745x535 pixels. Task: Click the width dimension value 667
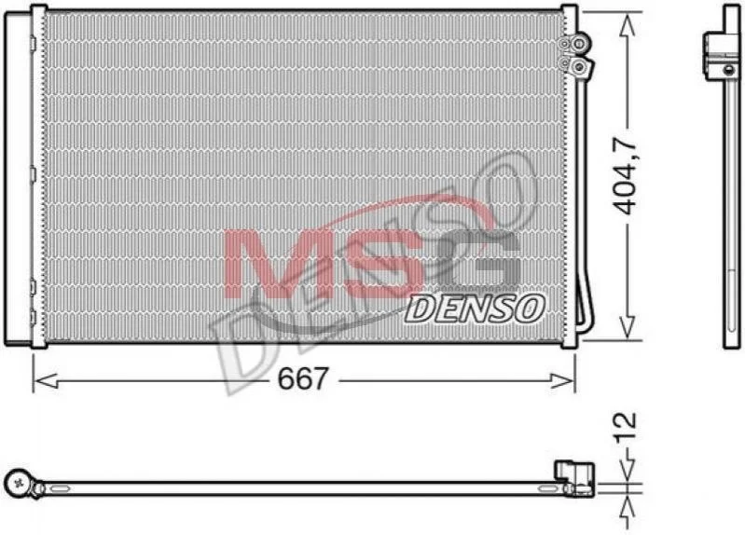point(303,378)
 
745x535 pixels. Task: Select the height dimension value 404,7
point(624,176)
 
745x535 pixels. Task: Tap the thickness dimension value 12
point(625,427)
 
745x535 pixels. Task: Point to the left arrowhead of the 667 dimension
point(47,380)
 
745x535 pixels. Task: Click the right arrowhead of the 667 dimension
point(561,380)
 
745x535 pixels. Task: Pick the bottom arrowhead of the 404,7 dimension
point(628,327)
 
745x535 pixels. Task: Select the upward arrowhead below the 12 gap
point(628,507)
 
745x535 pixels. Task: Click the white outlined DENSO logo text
point(476,308)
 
